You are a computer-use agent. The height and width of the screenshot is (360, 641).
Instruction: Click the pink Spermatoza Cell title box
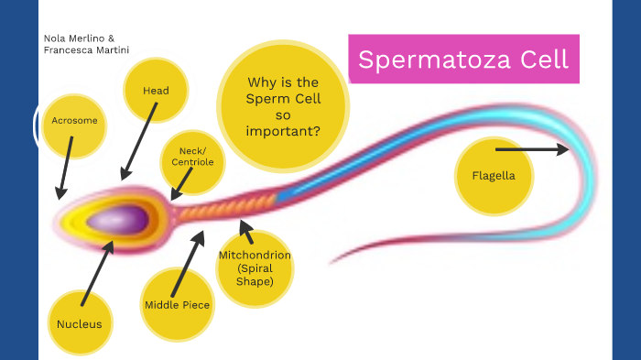point(463,60)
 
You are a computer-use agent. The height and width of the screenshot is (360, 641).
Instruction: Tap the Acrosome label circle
point(74,121)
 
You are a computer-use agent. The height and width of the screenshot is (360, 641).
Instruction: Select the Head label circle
point(156,91)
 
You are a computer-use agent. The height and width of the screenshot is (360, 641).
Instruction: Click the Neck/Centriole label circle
point(192,157)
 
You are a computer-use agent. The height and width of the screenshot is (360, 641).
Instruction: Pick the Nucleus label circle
point(79,323)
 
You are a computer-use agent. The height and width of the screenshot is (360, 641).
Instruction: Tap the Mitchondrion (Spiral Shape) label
point(254,267)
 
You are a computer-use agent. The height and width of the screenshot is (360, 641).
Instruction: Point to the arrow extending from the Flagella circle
point(531,148)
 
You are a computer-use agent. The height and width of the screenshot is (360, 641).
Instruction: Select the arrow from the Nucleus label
point(96,272)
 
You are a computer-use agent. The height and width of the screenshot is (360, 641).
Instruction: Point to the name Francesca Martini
point(86,49)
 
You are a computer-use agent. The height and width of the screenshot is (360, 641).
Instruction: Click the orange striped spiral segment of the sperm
point(224,207)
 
